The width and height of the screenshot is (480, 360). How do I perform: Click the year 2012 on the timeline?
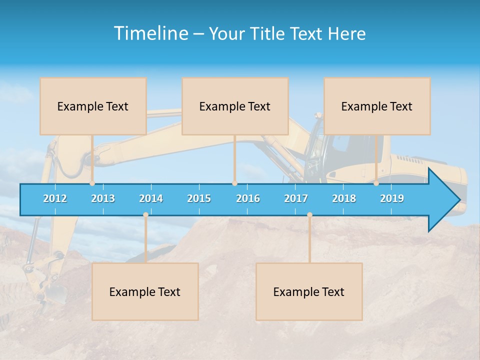(x=55, y=198)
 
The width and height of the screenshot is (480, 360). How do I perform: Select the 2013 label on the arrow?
(x=103, y=198)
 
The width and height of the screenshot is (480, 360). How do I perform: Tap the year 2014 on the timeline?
(x=151, y=198)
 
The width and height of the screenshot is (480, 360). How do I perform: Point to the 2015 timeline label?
(x=199, y=198)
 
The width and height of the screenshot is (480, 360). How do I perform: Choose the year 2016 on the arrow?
(x=248, y=198)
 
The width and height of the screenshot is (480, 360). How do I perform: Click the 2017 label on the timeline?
(x=296, y=198)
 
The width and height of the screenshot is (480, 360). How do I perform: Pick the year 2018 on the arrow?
(x=344, y=198)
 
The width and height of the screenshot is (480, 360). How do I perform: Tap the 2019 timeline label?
(x=392, y=198)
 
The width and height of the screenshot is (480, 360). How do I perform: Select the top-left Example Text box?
(x=93, y=106)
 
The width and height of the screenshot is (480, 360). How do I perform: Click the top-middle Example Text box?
(x=235, y=106)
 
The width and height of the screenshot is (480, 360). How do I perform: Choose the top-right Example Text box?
(x=377, y=106)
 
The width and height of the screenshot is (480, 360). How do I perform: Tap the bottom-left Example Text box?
(x=145, y=291)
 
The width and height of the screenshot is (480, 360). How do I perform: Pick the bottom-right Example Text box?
(x=309, y=291)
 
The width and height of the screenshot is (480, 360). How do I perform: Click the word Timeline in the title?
(x=150, y=33)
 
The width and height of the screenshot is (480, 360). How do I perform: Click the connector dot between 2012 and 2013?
(x=92, y=183)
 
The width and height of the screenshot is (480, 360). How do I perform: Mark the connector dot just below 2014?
(x=145, y=215)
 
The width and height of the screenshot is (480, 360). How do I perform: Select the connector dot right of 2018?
(x=376, y=183)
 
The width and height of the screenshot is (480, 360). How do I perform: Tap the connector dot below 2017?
(x=309, y=215)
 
